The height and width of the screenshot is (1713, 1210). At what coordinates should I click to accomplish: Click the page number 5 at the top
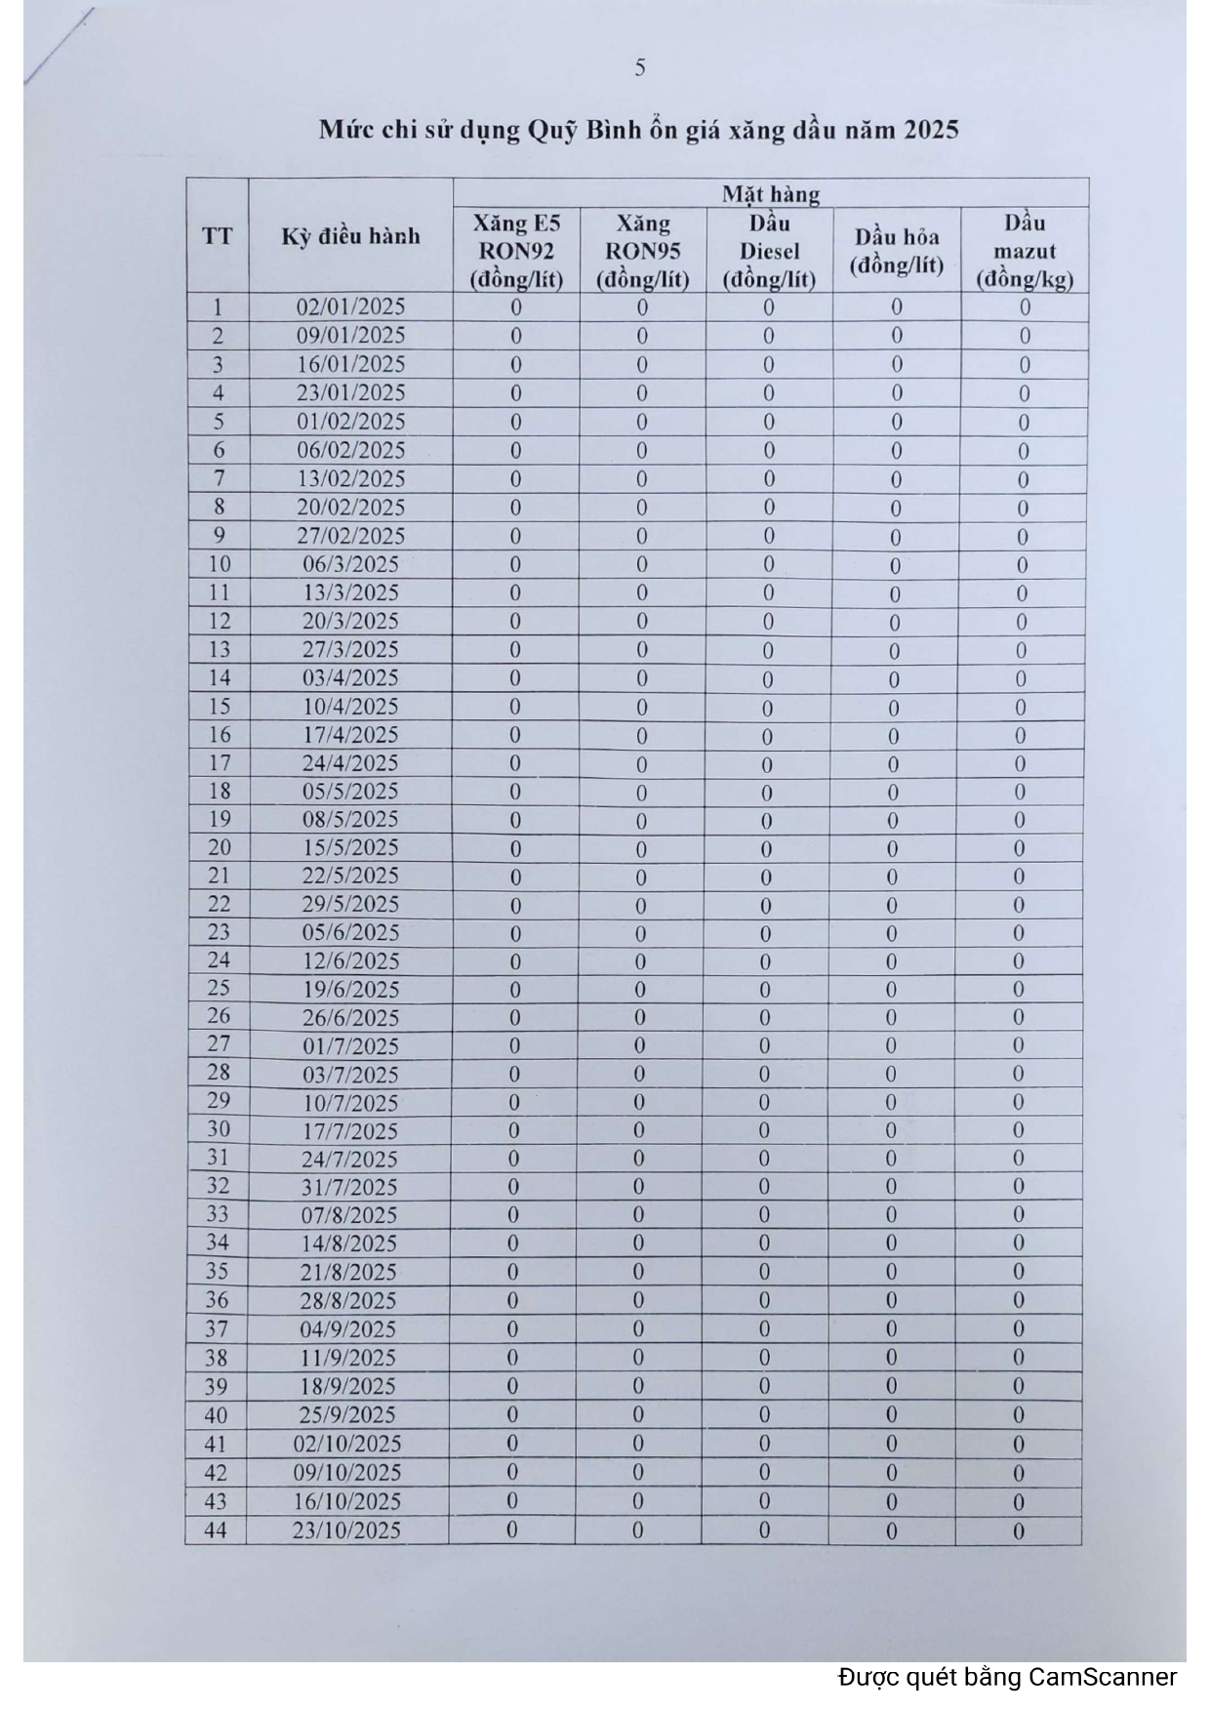(x=640, y=67)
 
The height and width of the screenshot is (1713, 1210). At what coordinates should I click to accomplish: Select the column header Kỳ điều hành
(x=350, y=236)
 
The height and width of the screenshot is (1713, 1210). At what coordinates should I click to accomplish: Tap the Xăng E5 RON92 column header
(x=516, y=251)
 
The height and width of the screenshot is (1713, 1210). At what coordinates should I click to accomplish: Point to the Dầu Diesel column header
(x=769, y=251)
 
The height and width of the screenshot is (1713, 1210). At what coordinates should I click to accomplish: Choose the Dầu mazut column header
(x=1025, y=251)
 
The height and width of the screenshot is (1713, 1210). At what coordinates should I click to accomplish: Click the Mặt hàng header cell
(x=771, y=193)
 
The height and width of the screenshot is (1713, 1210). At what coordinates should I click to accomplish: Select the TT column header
(x=218, y=236)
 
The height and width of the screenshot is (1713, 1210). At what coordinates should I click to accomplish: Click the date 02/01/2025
(x=350, y=307)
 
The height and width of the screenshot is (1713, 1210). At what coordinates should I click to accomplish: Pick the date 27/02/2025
(x=350, y=536)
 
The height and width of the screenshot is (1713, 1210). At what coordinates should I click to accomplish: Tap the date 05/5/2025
(x=349, y=792)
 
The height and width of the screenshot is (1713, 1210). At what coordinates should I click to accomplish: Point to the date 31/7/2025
(x=349, y=1188)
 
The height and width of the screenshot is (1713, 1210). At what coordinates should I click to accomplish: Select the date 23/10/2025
(x=346, y=1530)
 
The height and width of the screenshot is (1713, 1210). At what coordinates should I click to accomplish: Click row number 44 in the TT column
(x=216, y=1530)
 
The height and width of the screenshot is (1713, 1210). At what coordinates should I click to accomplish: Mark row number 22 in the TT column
(x=219, y=905)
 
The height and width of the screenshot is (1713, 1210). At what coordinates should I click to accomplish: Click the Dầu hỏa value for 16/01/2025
(x=896, y=365)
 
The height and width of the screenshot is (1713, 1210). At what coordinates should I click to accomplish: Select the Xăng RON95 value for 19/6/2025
(x=640, y=990)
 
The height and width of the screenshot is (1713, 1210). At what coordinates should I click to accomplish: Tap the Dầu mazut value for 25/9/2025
(x=1018, y=1415)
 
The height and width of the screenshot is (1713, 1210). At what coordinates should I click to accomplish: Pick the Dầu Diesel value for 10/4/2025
(x=767, y=708)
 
